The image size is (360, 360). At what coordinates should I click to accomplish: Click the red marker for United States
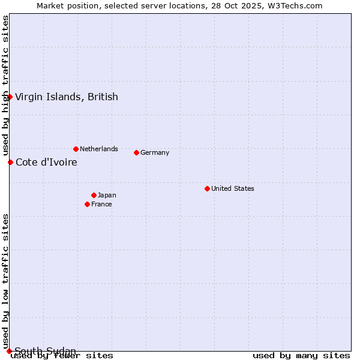click(207, 188)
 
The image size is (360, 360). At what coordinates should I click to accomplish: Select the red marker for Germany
click(136, 152)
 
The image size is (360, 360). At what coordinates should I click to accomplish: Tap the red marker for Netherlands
click(76, 149)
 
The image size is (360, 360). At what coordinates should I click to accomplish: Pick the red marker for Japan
click(94, 195)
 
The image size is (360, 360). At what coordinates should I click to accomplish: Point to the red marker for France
click(87, 204)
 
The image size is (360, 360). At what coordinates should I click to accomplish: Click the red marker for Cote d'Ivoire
click(10, 162)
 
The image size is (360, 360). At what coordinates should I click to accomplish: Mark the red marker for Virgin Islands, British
click(10, 97)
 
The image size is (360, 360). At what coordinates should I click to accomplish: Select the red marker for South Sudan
click(10, 351)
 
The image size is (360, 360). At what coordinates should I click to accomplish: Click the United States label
click(233, 188)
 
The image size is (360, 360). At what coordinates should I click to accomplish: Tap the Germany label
click(155, 152)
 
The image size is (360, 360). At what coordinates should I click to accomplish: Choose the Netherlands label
click(99, 149)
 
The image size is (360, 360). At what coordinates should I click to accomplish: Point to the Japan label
click(107, 195)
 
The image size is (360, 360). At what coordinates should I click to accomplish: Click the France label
click(101, 204)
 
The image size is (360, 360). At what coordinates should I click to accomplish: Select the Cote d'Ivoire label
click(46, 162)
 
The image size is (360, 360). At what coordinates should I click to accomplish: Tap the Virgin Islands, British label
click(67, 97)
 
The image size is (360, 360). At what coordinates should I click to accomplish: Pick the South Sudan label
click(45, 351)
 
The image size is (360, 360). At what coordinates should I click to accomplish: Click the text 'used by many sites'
click(301, 355)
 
